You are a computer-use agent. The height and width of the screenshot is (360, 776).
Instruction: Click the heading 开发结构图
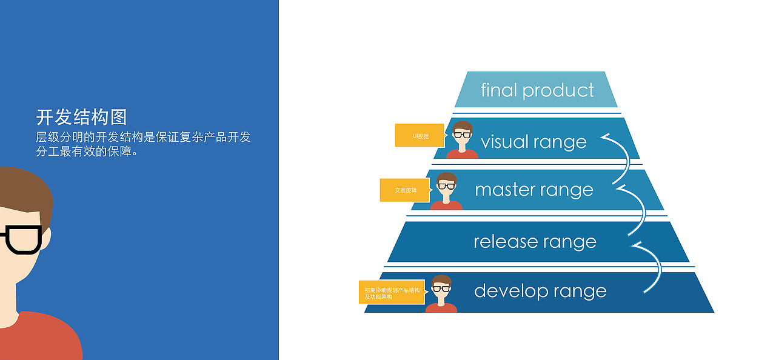coord(81,117)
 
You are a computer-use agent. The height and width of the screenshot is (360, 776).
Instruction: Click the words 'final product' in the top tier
coord(537,90)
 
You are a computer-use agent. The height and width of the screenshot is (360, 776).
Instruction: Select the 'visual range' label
coord(533,142)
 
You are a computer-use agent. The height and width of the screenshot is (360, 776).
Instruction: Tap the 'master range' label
coord(533,190)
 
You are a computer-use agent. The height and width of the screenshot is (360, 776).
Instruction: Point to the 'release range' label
coord(535,242)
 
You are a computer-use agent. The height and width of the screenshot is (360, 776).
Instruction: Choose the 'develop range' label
coord(540,291)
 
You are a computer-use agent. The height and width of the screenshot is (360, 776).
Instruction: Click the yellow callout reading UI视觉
coord(420,136)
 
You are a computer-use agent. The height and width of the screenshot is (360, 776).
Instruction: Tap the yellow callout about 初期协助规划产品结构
coord(392,292)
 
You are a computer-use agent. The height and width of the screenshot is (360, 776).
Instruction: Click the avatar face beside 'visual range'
coord(463,135)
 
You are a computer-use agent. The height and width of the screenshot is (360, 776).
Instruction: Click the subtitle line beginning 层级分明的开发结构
coord(143,138)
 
